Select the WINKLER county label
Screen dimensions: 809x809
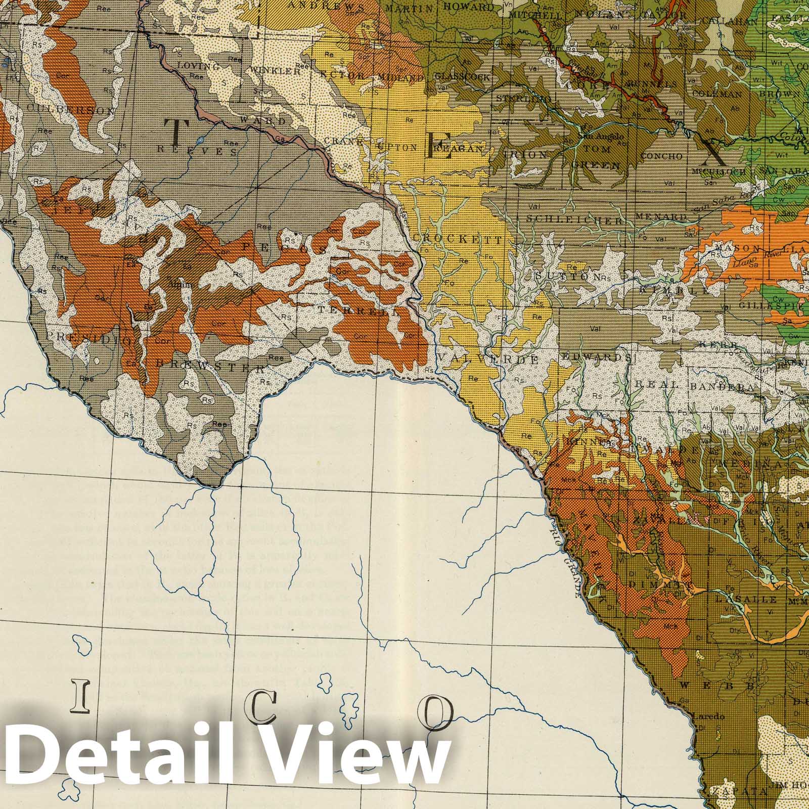(276, 71)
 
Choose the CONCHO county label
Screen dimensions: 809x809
(662, 156)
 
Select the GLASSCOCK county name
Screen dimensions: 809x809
(462, 77)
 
